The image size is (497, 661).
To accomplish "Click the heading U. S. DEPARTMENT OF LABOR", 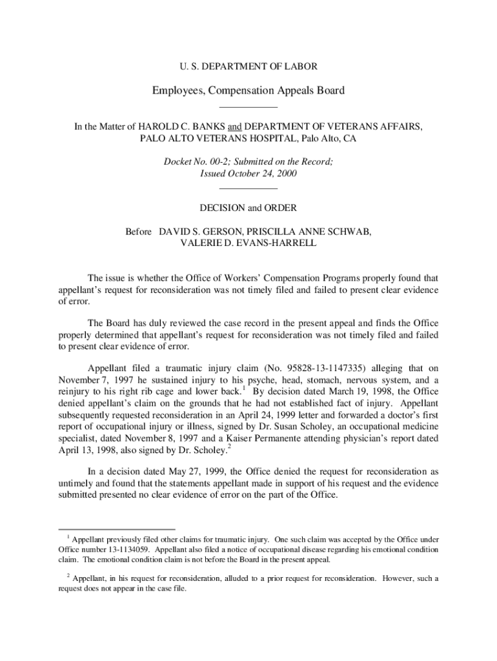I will pos(248,66).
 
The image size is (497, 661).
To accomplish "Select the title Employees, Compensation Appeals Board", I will pos(248,90).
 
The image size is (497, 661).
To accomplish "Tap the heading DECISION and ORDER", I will pos(249,208).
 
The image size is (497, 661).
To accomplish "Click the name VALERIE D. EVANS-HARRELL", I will pos(249,243).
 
